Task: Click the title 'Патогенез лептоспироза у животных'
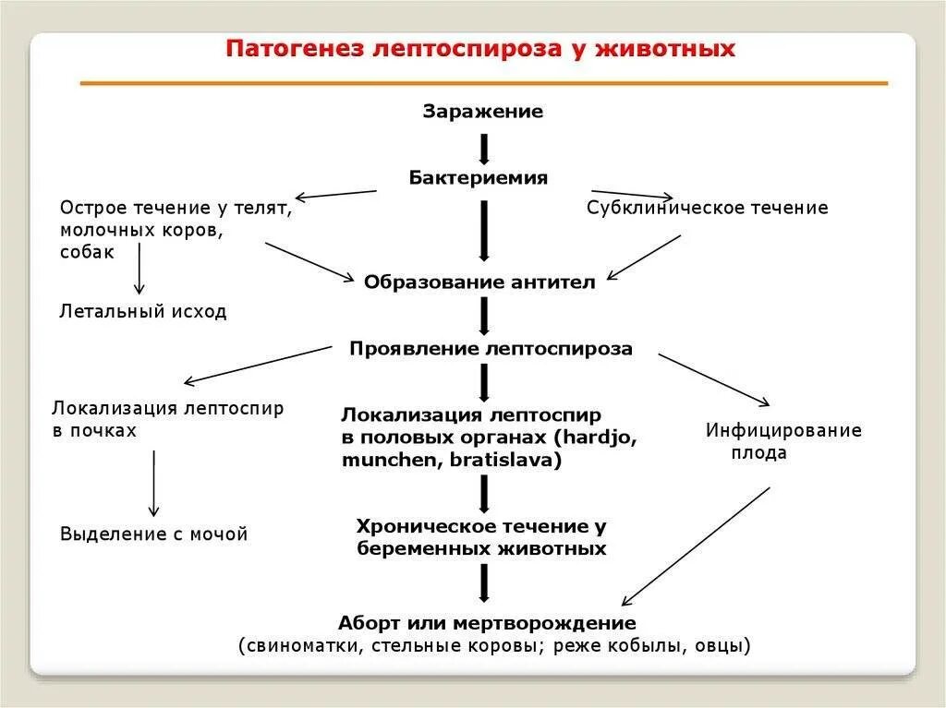[x=481, y=48]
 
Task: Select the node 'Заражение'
[x=483, y=112]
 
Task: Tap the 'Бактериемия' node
[x=479, y=177]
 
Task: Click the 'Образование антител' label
[x=479, y=282]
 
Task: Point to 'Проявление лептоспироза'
[x=491, y=349]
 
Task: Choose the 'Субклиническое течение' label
[x=707, y=208]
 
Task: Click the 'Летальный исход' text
[x=143, y=311]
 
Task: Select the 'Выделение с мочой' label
[x=154, y=534]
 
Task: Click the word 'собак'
[x=88, y=252]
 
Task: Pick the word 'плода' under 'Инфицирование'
[x=759, y=453]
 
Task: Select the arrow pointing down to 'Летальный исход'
[x=139, y=268]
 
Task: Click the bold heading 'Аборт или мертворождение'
[x=487, y=622]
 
